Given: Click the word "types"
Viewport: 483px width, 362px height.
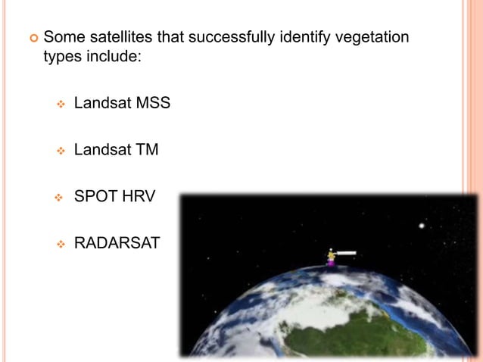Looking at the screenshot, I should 63,58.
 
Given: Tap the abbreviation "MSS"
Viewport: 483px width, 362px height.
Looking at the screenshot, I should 153,103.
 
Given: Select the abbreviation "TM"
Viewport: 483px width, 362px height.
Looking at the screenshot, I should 147,149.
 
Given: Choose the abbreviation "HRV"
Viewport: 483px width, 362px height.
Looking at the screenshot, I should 141,196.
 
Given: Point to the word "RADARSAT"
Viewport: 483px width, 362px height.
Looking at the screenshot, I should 117,243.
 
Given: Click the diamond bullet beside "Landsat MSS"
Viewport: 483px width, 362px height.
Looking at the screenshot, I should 61,104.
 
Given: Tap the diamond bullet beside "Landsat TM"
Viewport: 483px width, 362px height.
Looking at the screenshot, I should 61,150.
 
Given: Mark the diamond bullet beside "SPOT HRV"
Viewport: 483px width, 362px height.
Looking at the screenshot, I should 61,197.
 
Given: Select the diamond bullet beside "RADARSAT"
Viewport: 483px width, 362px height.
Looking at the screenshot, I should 61,244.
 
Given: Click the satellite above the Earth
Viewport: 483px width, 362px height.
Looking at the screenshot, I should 332,256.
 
